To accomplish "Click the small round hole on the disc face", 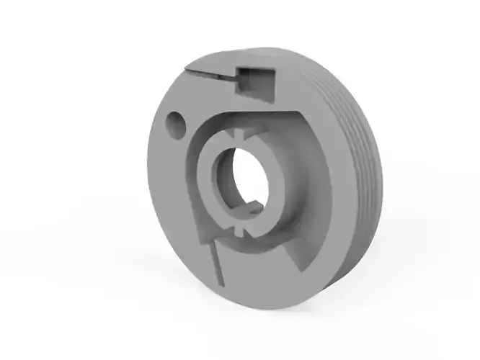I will [175, 123].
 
